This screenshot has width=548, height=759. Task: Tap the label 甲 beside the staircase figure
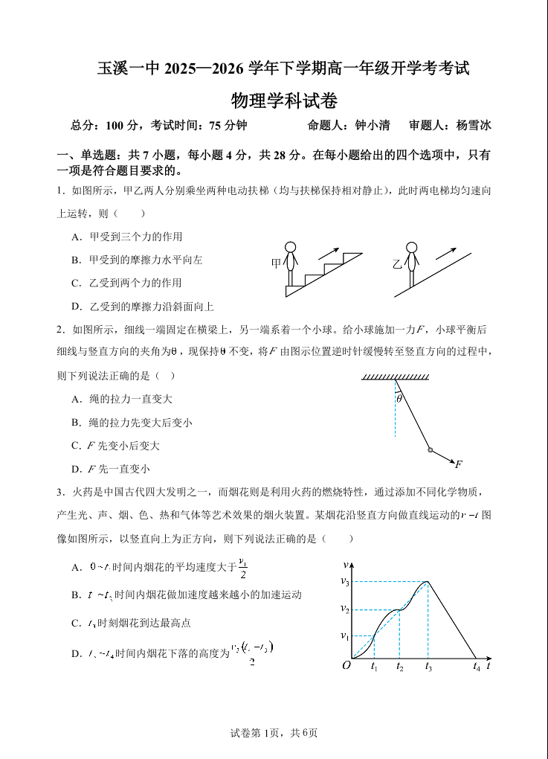276,263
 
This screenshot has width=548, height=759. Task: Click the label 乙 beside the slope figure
397,263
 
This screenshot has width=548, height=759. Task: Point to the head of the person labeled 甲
291,248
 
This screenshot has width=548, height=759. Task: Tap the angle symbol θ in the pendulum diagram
399,399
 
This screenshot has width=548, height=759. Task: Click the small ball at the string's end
430,449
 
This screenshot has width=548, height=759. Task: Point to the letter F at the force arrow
459,464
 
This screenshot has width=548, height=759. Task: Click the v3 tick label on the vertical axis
345,581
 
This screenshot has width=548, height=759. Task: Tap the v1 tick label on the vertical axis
345,635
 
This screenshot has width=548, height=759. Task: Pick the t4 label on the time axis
477,667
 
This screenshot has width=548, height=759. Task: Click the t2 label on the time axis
399,667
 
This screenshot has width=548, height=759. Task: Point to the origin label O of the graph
346,665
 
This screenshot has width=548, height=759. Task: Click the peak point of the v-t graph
429,581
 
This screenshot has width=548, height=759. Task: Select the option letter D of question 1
76,306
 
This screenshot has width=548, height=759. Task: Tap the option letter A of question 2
76,399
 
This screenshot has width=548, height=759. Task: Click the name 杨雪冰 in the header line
474,125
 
